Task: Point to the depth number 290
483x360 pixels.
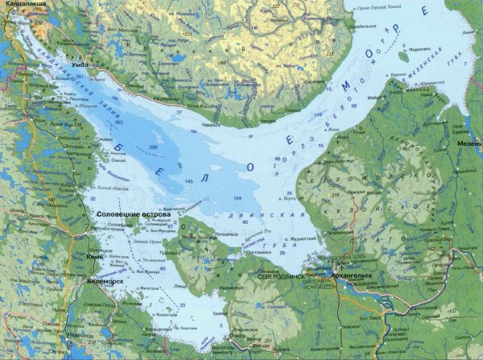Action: point(153,148)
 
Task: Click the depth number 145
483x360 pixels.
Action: point(189,182)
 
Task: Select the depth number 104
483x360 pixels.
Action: point(237,197)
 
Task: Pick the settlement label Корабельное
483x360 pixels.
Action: point(362,27)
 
